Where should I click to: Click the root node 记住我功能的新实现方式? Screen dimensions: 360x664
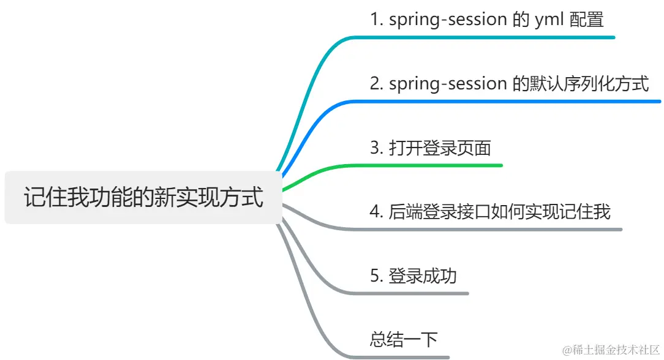143,197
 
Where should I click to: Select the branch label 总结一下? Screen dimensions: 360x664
404,339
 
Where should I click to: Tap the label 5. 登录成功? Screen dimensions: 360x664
413,276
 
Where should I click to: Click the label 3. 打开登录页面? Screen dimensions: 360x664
431,148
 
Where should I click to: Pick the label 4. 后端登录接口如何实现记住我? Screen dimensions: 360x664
490,212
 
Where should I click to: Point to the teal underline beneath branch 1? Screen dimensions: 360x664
490,37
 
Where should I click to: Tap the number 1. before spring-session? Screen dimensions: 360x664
377,20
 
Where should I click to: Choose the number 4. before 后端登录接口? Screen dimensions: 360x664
377,212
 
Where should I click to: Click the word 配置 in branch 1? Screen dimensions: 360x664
586,20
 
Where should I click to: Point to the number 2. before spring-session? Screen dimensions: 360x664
377,83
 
